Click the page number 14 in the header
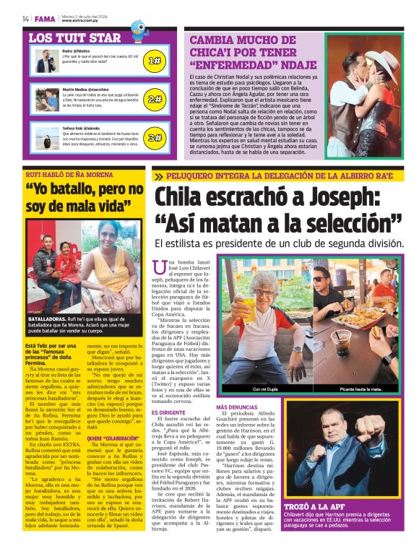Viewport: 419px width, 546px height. (25, 19)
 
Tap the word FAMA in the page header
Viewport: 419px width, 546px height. (45, 19)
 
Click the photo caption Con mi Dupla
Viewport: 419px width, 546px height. (264, 390)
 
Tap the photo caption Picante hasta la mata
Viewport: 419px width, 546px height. (361, 390)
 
